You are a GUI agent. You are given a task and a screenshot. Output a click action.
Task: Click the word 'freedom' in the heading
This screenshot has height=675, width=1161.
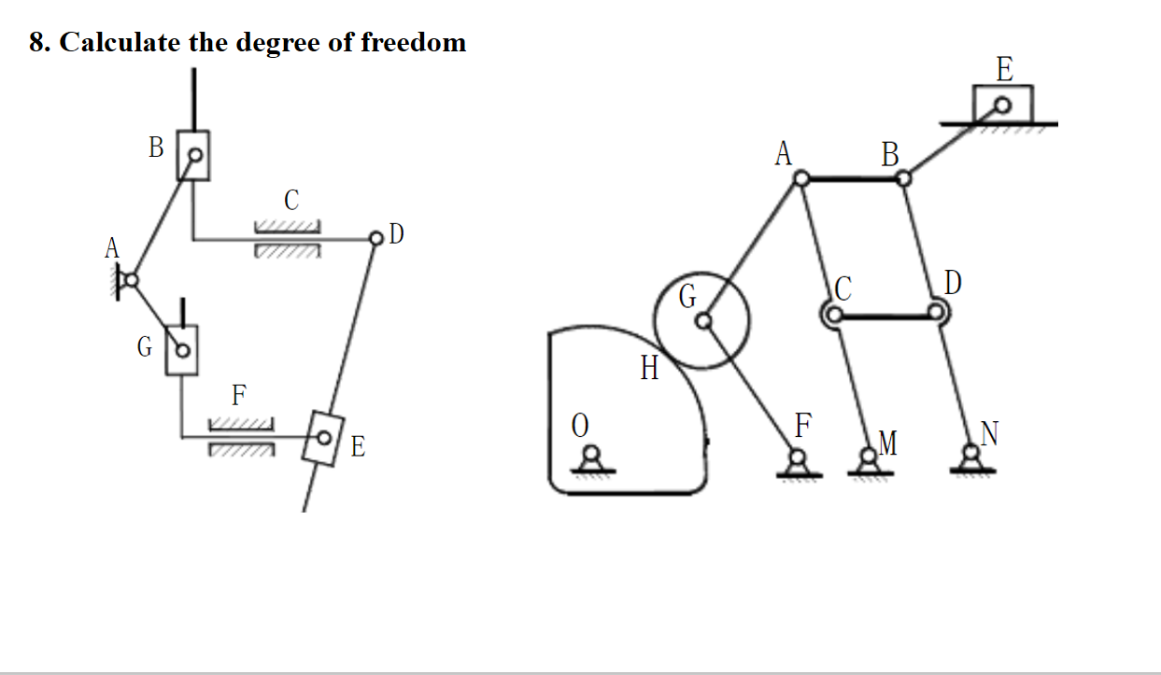(x=411, y=42)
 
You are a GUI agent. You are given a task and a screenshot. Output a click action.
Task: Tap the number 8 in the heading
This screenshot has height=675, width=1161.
(x=36, y=43)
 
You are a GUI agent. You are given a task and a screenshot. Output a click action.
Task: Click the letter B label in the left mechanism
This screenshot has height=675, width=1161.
(x=156, y=147)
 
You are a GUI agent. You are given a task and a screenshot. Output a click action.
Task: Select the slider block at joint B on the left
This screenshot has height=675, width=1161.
(x=193, y=154)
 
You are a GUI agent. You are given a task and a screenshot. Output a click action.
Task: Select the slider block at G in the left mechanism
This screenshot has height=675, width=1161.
(x=182, y=350)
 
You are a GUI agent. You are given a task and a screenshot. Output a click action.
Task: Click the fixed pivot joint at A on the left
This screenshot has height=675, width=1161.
(x=131, y=278)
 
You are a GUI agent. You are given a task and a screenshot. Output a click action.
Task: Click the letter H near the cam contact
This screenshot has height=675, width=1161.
(x=650, y=370)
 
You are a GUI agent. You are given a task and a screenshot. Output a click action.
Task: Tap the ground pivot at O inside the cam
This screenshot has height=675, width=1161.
(x=590, y=457)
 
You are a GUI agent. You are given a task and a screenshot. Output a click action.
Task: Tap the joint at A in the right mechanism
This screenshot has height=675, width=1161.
(x=801, y=177)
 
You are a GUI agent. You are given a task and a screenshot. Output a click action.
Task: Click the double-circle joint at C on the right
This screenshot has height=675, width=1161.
(x=831, y=315)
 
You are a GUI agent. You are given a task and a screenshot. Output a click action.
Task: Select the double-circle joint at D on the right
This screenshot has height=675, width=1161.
(x=938, y=314)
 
